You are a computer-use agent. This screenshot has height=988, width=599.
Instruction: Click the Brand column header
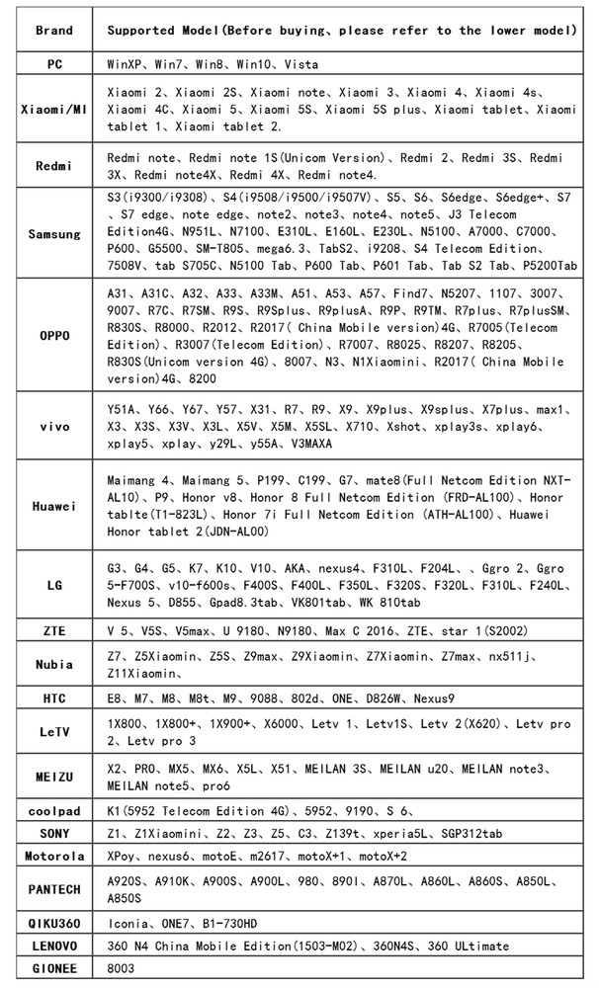(x=53, y=31)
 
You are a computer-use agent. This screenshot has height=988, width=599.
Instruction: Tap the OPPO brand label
(x=53, y=335)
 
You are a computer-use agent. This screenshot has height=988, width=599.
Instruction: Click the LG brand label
(x=53, y=585)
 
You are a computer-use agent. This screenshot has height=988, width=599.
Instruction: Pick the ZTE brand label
(x=53, y=629)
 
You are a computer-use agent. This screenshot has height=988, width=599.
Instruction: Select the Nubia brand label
(x=53, y=664)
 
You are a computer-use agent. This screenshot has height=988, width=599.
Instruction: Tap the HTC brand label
(x=53, y=699)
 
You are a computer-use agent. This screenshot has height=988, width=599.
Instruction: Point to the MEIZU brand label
(x=53, y=776)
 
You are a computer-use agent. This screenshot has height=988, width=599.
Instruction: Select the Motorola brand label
(x=53, y=856)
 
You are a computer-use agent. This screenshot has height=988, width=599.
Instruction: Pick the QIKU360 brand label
(x=53, y=924)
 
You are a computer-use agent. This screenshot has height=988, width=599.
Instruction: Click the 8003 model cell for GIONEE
(x=121, y=969)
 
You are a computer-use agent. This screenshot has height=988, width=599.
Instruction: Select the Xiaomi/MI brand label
(x=53, y=109)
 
